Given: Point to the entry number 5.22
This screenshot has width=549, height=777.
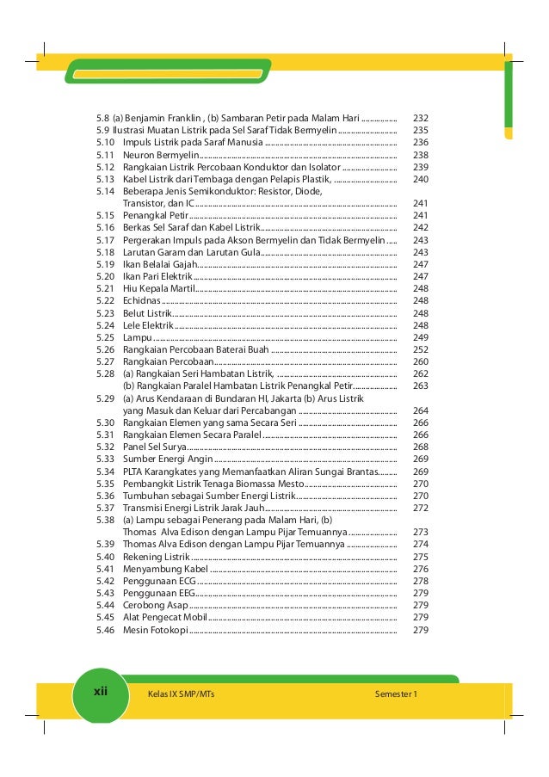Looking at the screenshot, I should (x=105, y=301).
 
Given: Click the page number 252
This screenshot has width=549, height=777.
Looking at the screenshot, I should (x=421, y=350).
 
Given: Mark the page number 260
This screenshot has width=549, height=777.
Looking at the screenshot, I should (x=421, y=362).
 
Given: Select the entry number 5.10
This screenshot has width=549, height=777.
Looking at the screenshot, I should (x=105, y=142).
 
